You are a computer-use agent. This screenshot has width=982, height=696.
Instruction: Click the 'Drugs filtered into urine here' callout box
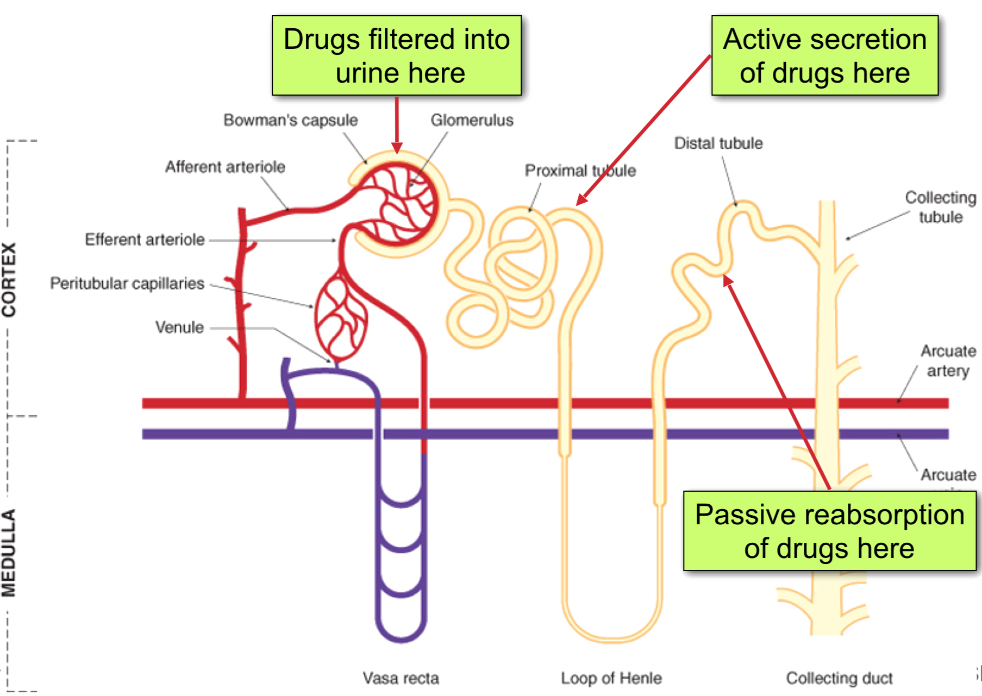point(396,55)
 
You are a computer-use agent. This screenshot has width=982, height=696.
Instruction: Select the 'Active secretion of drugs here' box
point(824,55)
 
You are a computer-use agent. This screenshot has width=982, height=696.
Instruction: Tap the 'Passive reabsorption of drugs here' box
point(829,531)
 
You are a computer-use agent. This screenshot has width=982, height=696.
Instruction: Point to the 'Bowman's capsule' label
point(290,120)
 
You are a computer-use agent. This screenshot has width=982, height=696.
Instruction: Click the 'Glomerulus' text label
point(472,120)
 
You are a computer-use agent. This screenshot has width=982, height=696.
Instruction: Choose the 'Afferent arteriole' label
point(225,167)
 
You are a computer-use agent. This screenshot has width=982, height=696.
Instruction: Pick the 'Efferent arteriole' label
point(145,240)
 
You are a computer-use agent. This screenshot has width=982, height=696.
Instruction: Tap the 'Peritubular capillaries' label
point(127,284)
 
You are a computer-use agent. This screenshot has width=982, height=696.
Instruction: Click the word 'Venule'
point(179,328)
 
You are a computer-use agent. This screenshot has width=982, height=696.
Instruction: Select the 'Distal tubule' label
point(718,143)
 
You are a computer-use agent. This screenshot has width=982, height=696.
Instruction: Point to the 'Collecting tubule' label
point(940,207)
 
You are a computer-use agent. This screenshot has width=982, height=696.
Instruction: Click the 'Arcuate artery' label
point(948,361)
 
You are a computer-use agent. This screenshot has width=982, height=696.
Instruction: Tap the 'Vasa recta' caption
point(401,678)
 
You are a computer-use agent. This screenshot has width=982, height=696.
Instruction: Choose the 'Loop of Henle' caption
point(611,678)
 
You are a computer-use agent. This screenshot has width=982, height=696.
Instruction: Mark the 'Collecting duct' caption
point(839,678)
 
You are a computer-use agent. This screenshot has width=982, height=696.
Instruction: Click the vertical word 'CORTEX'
point(9,279)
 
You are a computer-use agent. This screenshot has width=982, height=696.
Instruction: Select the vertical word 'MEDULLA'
point(9,553)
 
